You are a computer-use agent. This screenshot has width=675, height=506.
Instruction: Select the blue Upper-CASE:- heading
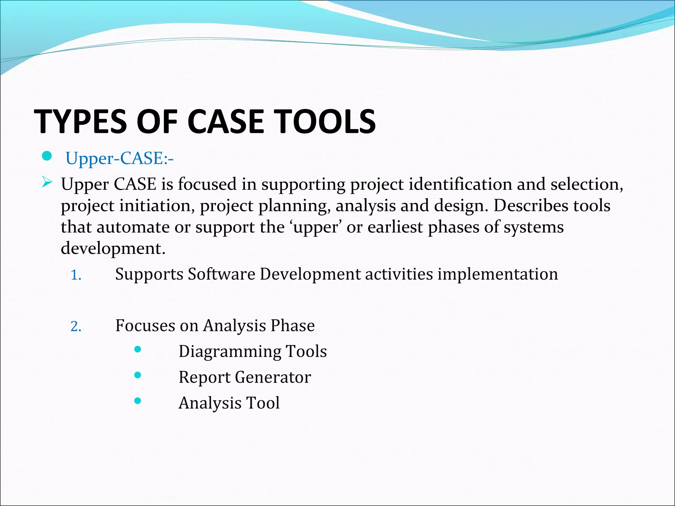(x=119, y=158)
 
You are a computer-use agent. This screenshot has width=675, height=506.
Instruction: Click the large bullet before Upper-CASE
(x=47, y=156)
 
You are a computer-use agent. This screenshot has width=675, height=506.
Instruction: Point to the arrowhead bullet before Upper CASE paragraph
(x=47, y=182)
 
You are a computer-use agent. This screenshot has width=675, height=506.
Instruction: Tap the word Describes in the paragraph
(x=531, y=206)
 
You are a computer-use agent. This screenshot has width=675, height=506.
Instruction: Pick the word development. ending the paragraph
(x=113, y=248)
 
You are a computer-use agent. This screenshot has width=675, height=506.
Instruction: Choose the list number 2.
(x=76, y=326)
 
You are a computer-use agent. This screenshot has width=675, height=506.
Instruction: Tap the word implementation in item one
(x=497, y=274)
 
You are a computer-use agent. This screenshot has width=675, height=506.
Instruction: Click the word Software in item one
(x=221, y=274)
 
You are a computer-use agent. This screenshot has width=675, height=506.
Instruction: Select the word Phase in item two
(x=292, y=325)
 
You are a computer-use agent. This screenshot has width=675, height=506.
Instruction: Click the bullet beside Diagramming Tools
(x=138, y=349)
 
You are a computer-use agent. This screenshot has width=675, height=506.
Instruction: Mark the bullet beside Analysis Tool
(x=138, y=401)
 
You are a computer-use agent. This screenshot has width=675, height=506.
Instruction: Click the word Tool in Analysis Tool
(x=263, y=403)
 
